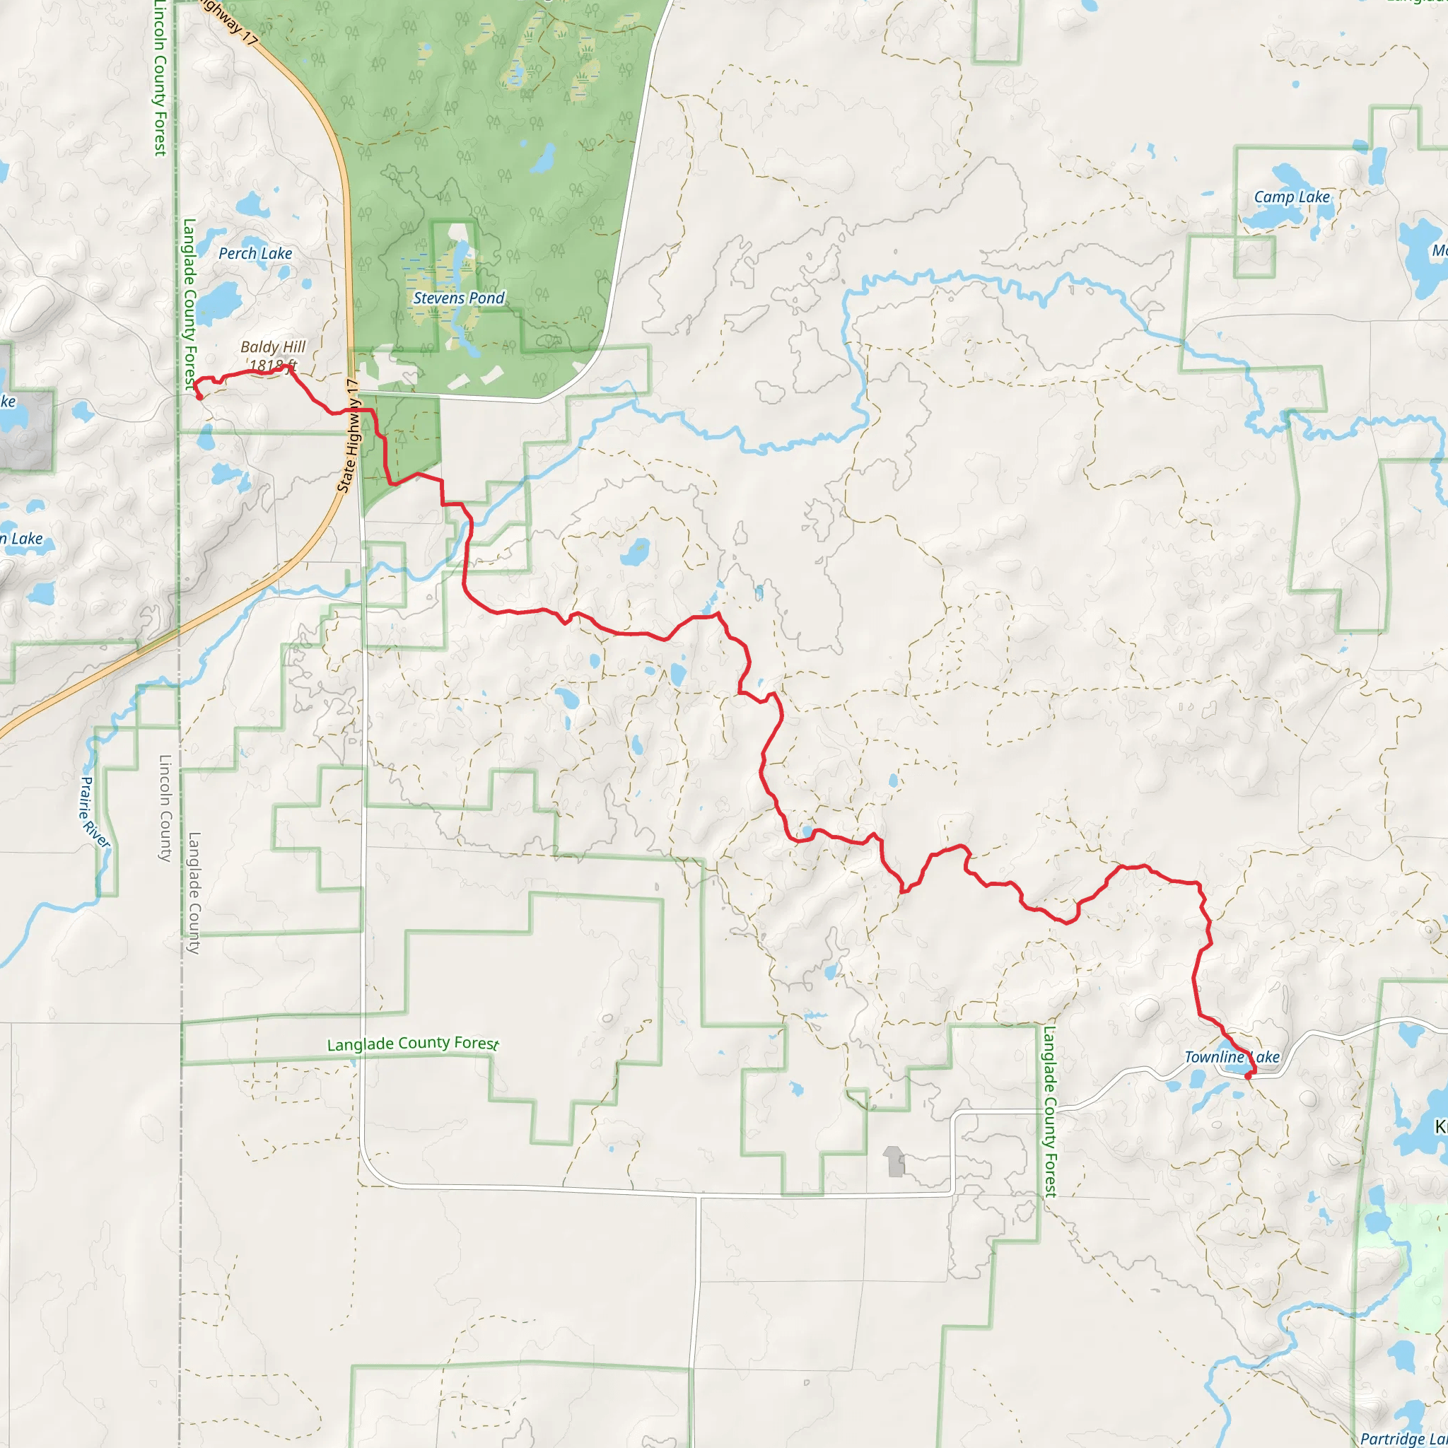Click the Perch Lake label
[x=255, y=253]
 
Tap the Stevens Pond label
[x=459, y=298]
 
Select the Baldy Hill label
[x=273, y=347]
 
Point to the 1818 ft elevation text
[x=273, y=366]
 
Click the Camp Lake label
[x=1291, y=197]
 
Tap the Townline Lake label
[x=1232, y=1057]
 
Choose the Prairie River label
[x=95, y=812]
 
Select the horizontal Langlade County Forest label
[x=412, y=1044]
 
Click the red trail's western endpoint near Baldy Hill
[x=199, y=397]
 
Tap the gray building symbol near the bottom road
[x=894, y=1161]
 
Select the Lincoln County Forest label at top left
[x=160, y=78]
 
